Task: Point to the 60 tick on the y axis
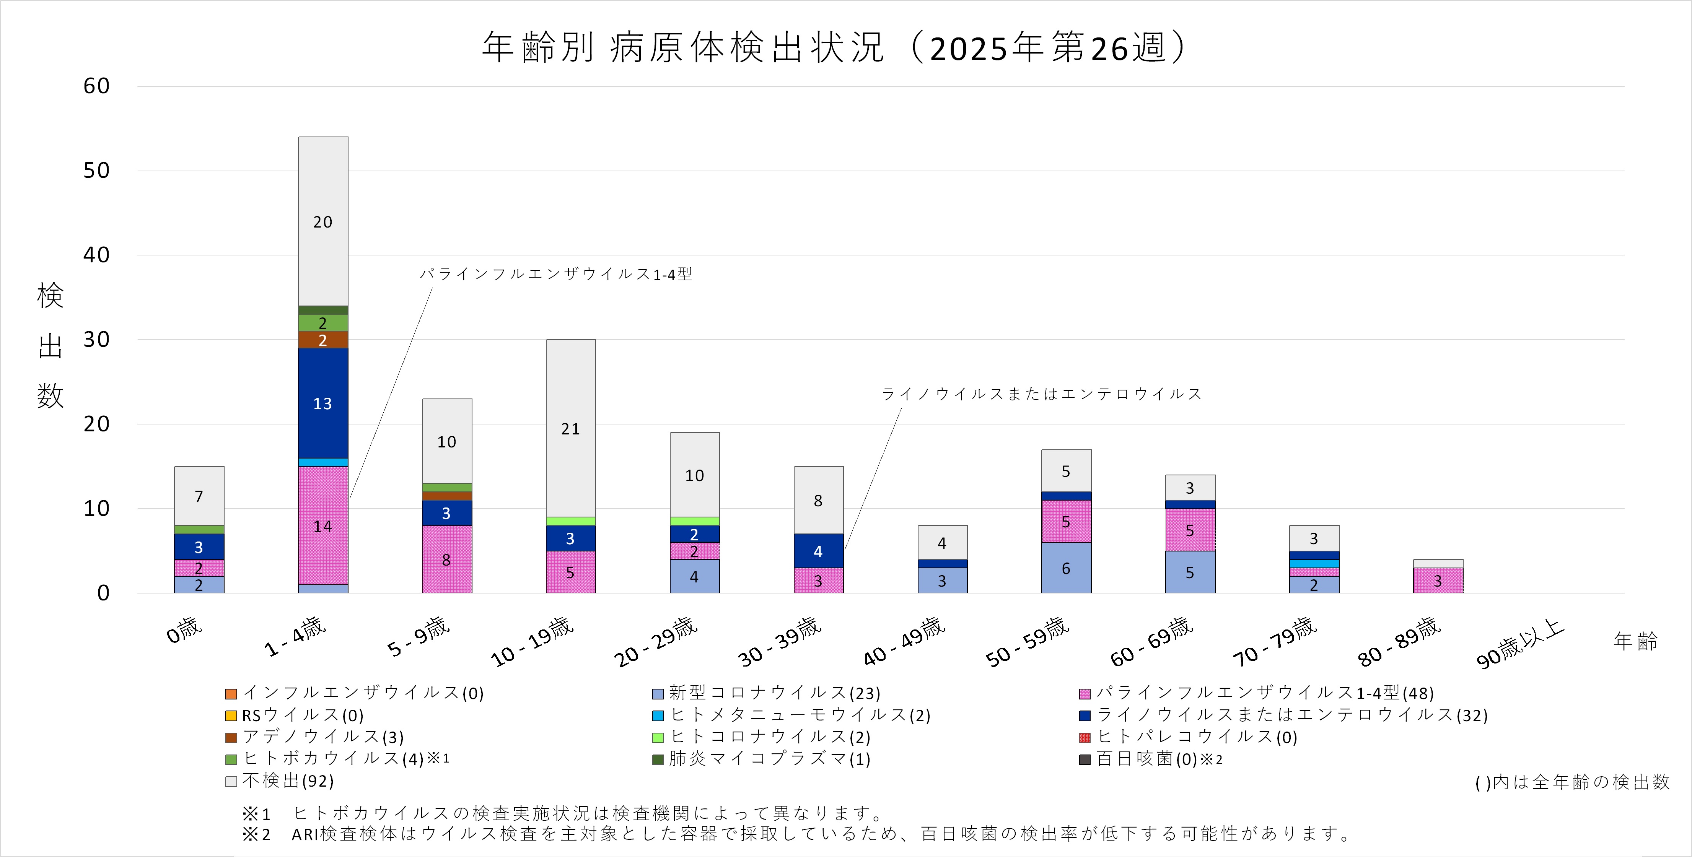click(96, 86)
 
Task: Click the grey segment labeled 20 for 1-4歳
click(322, 221)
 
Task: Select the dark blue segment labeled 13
click(322, 403)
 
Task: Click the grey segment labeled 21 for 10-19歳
click(570, 428)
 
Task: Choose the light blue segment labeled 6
click(1065, 568)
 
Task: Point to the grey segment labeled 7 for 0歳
click(199, 496)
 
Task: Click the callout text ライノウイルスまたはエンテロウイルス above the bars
click(1041, 394)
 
